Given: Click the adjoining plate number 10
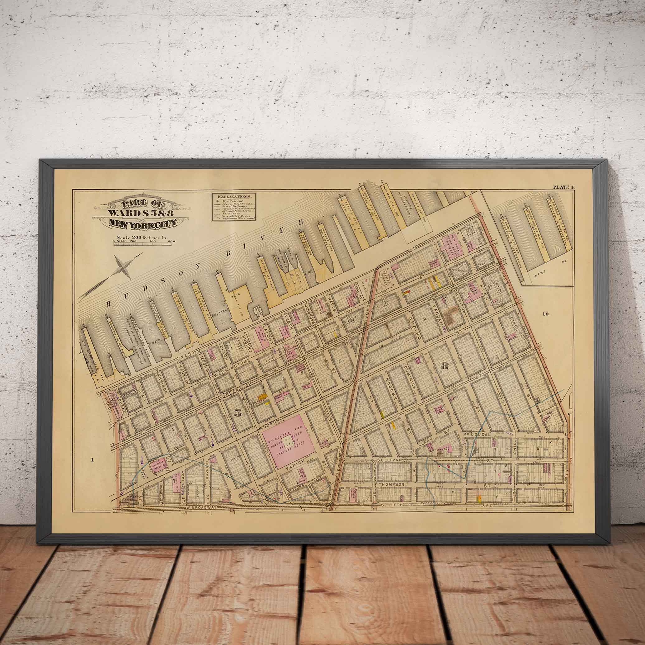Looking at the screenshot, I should coord(545,314).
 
